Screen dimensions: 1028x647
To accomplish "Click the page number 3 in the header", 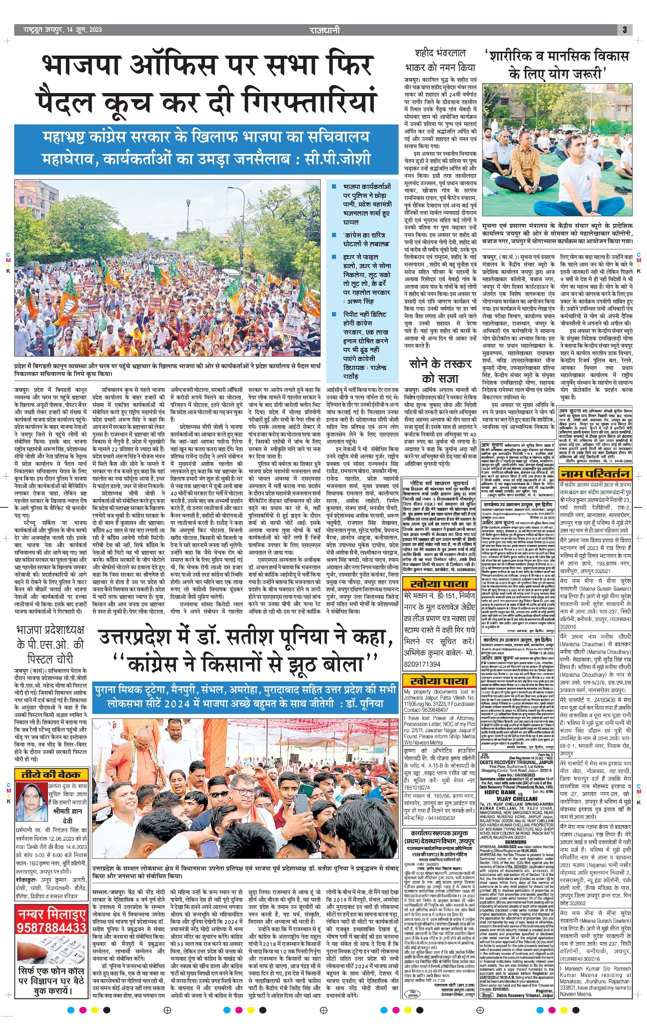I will point(624,30).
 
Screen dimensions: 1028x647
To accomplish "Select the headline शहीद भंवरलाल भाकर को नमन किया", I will point(440,60).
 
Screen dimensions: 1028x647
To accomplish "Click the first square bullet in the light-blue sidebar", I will point(335,187).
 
